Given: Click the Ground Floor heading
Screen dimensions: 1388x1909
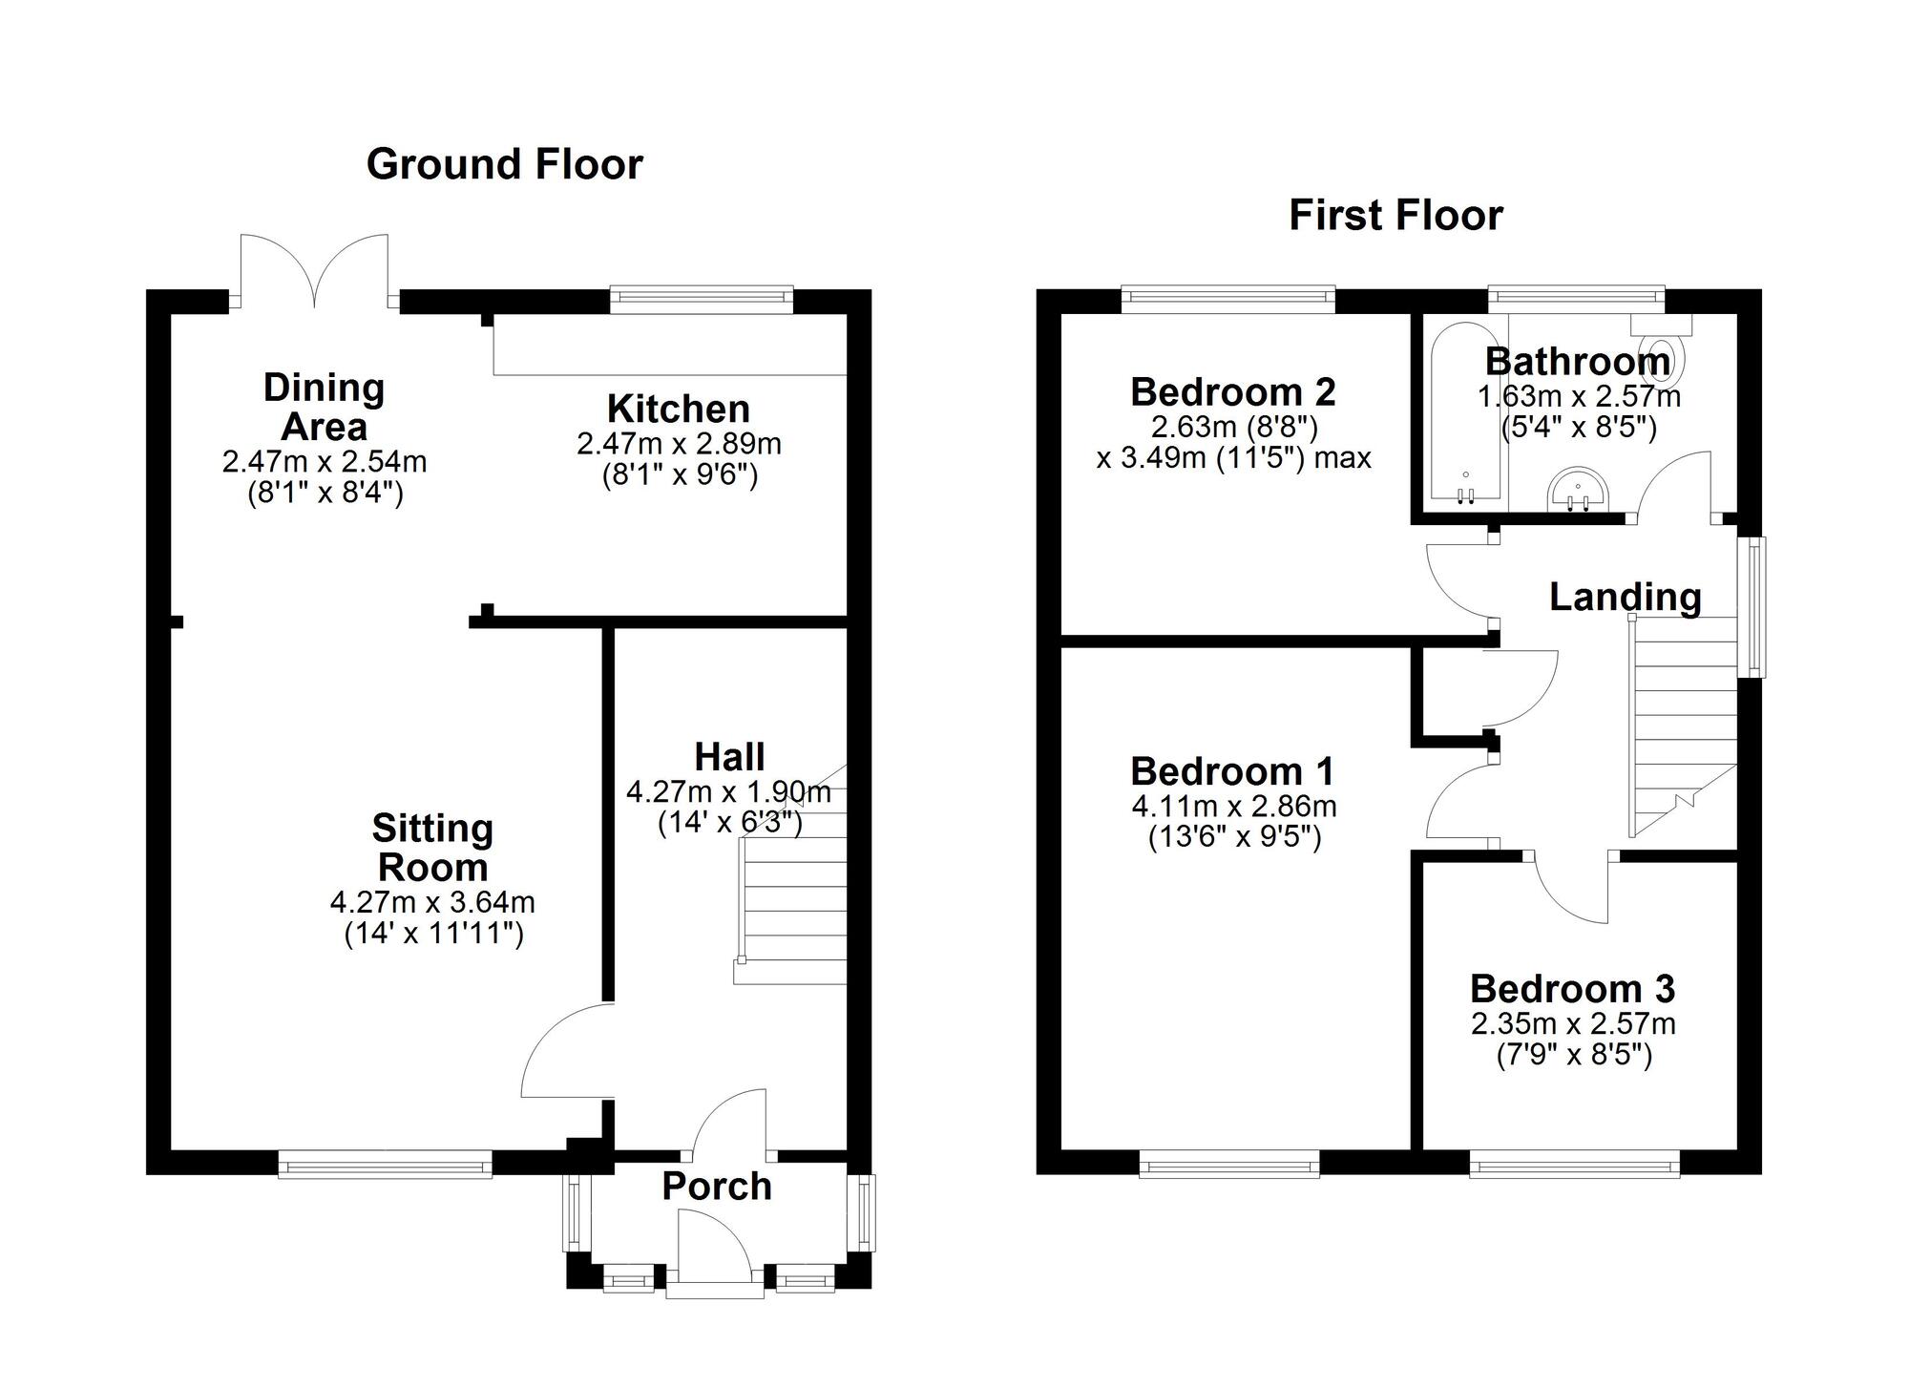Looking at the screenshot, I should [x=504, y=164].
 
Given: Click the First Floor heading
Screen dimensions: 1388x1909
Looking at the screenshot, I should [x=1395, y=216].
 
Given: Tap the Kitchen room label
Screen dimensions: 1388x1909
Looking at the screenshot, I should [x=678, y=409].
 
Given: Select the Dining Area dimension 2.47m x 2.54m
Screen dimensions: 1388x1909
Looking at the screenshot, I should [x=324, y=462].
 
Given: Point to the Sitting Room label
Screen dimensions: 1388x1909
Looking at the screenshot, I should [x=432, y=848].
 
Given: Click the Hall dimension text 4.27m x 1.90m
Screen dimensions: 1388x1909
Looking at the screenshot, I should [x=728, y=792].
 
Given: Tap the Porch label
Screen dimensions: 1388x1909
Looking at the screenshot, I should [x=716, y=1187].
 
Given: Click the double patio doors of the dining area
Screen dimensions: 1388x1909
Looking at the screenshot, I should [x=314, y=272].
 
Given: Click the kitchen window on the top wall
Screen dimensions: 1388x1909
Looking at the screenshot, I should [x=702, y=299].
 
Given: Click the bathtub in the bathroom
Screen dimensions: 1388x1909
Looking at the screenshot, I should [x=1464, y=415].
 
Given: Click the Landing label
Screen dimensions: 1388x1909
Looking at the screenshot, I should [x=1625, y=597].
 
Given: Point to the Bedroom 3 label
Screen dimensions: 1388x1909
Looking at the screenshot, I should [x=1572, y=989].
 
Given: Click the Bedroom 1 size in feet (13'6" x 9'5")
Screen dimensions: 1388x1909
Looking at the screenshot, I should [x=1233, y=838].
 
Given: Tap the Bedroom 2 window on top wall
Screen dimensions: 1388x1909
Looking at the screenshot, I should [x=1227, y=299].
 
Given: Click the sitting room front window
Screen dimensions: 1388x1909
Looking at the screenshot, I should [x=385, y=1164].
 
